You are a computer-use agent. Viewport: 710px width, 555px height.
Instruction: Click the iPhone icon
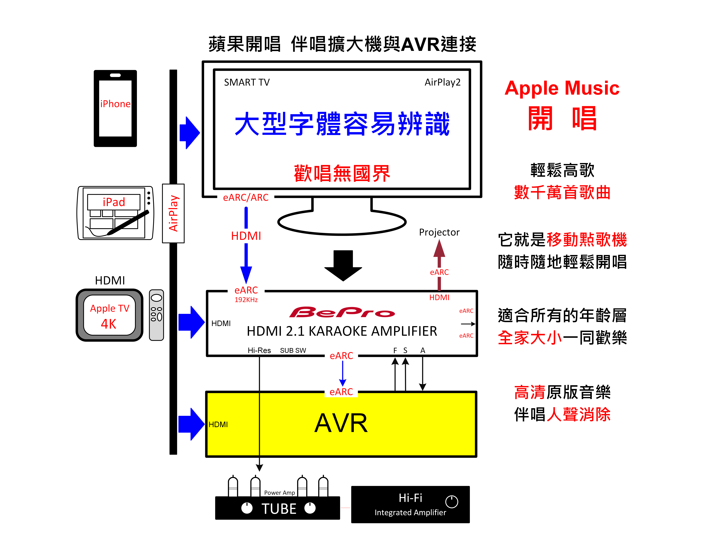[115, 108]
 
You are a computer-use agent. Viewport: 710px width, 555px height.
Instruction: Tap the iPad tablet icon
[115, 213]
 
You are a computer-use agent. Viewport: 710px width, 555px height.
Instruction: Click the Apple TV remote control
[156, 315]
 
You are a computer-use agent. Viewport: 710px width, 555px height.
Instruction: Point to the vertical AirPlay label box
[173, 213]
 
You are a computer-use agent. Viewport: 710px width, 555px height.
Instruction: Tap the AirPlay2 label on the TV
[442, 82]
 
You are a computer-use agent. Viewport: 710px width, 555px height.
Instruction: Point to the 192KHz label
[246, 300]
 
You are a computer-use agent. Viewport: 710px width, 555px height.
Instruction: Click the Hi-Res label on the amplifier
[259, 350]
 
